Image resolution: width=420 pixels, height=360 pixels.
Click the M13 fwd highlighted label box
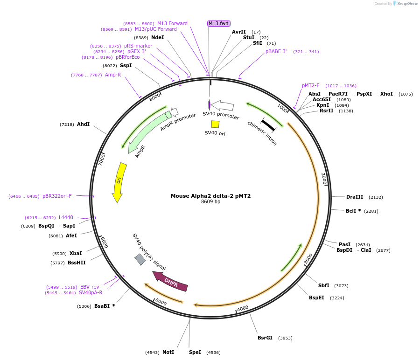click(x=219, y=23)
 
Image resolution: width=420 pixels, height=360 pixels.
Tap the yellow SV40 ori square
click(x=215, y=124)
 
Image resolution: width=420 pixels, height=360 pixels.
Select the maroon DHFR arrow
click(x=170, y=281)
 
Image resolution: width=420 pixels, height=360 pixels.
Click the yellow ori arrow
click(x=119, y=182)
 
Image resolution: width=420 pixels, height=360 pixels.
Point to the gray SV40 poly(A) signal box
click(x=140, y=259)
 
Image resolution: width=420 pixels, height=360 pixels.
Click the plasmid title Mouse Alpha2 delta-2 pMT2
click(x=210, y=196)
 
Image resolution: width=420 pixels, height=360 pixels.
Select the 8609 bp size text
click(x=210, y=202)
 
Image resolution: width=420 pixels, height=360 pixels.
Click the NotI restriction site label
click(x=168, y=352)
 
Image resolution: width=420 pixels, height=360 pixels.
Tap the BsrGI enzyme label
click(x=265, y=338)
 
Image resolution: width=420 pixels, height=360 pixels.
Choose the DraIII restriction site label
click(x=354, y=197)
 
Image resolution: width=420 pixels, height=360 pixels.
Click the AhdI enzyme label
click(x=83, y=124)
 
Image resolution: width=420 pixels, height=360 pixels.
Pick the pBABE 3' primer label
click(x=276, y=51)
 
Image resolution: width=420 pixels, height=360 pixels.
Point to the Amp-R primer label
click(x=113, y=75)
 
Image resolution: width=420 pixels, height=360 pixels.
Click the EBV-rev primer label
click(x=90, y=287)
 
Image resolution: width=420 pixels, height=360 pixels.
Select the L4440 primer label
click(x=66, y=217)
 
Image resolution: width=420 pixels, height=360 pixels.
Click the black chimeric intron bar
click(x=268, y=125)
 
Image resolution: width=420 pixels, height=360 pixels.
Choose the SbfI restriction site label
click(x=323, y=285)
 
